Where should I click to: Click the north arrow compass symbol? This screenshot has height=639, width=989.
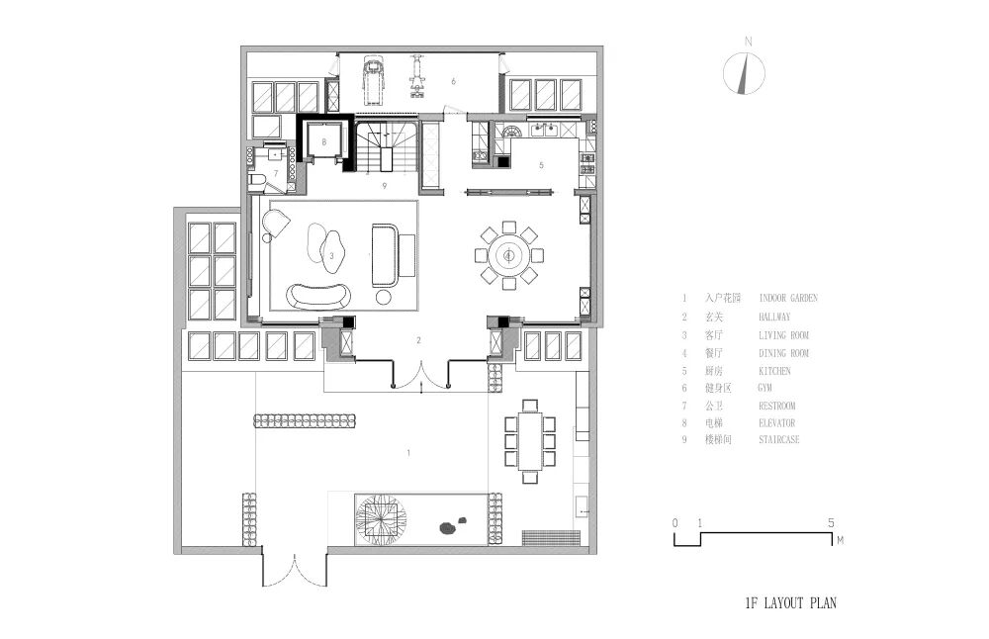coord(745,72)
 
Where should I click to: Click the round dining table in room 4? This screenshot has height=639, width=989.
coord(508,255)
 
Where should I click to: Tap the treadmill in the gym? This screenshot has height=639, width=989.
coord(374,81)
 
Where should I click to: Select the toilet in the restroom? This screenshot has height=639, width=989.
coord(256,182)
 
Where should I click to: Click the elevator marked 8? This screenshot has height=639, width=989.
coord(324,141)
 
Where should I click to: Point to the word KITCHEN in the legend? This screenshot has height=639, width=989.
coord(774,371)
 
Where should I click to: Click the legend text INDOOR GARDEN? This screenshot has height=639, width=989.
coord(788,298)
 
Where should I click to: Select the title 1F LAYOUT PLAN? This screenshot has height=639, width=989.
coord(791,603)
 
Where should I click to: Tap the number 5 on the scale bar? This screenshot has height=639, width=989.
coord(831,523)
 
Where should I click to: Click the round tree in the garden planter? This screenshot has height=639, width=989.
coord(380,519)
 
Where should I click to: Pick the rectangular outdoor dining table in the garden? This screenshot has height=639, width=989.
coord(530,440)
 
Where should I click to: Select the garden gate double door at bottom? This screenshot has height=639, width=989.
coord(295,570)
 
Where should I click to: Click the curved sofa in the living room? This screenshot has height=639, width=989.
coord(318,296)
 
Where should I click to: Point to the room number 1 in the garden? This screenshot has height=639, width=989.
coord(408,453)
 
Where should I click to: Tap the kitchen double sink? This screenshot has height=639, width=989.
coord(543,130)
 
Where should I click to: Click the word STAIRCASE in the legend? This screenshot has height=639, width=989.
coord(779,439)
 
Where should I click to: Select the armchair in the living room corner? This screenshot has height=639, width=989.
coord(275,224)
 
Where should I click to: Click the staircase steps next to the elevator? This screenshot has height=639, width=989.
coord(386,146)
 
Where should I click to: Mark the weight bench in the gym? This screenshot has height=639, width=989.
coord(415,77)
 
